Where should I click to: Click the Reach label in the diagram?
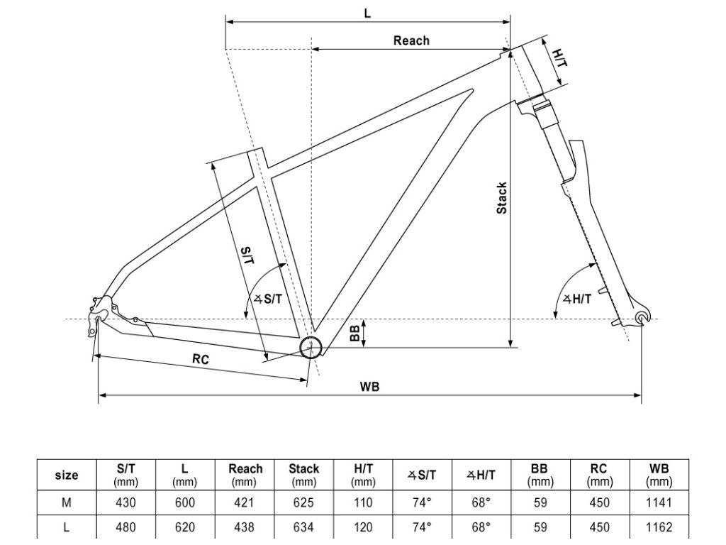coord(411,40)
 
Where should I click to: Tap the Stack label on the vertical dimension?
coord(501,199)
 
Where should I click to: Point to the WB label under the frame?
coord(369,386)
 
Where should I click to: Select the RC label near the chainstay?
coord(201,360)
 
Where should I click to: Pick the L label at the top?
coord(367,13)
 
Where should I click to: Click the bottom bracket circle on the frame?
coord(311,348)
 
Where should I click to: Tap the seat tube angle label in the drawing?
coord(268,299)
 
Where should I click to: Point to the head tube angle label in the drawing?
coord(577,299)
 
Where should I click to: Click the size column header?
coord(67,475)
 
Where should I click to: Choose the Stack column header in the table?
coord(303,475)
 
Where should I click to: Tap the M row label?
coord(67,502)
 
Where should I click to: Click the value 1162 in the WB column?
coord(659,527)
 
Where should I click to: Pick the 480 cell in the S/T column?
coord(125,527)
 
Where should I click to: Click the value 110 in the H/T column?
coord(363,502)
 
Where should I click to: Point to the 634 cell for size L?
coord(303,527)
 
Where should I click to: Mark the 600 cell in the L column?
coord(184,502)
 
